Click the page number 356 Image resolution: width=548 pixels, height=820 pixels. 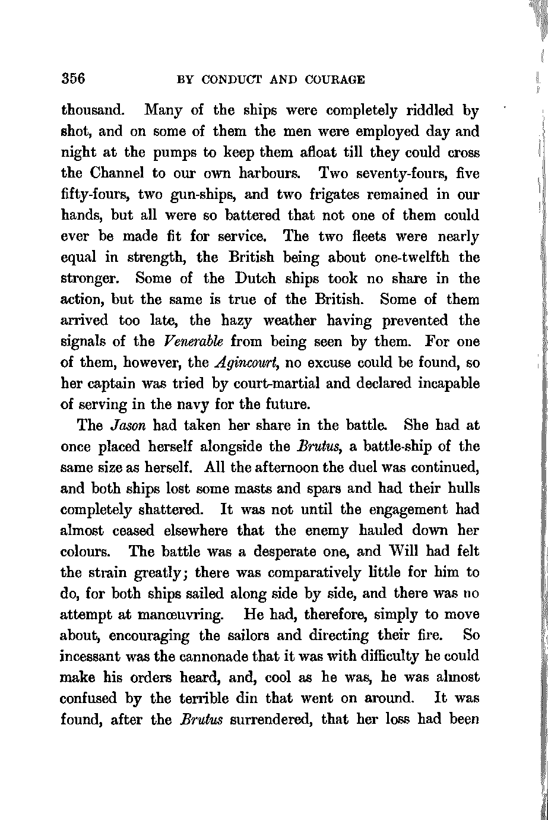[x=74, y=79]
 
